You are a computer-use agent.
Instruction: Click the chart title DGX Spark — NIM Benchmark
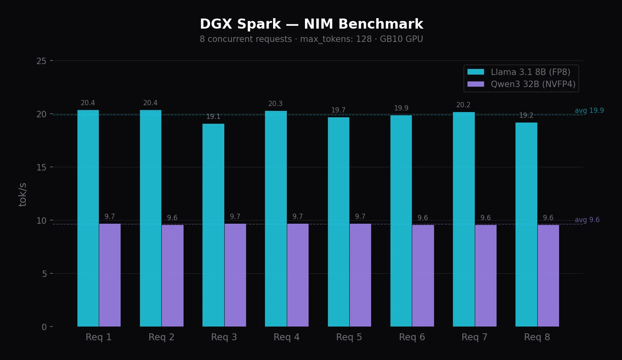point(311,24)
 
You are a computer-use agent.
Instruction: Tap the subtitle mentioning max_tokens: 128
point(311,39)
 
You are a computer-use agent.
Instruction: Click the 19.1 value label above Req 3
point(213,117)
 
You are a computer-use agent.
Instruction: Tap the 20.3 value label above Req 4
point(276,104)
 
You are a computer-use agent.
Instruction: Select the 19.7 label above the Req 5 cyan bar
point(338,110)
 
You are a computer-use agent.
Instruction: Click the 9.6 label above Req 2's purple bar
point(172,218)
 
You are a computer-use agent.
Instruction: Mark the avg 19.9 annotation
point(589,111)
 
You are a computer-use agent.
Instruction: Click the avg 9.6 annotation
point(587,220)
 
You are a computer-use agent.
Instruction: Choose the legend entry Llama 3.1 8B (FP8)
point(530,72)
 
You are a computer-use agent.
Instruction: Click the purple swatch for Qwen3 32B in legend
point(476,84)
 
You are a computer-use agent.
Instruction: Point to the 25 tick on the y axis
point(41,61)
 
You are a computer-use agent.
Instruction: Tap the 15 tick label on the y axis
point(41,167)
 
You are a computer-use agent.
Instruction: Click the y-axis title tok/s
point(23,194)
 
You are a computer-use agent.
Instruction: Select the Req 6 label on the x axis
point(412,337)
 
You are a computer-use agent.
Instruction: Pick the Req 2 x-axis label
point(161,337)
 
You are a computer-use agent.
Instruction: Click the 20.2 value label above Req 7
point(463,105)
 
